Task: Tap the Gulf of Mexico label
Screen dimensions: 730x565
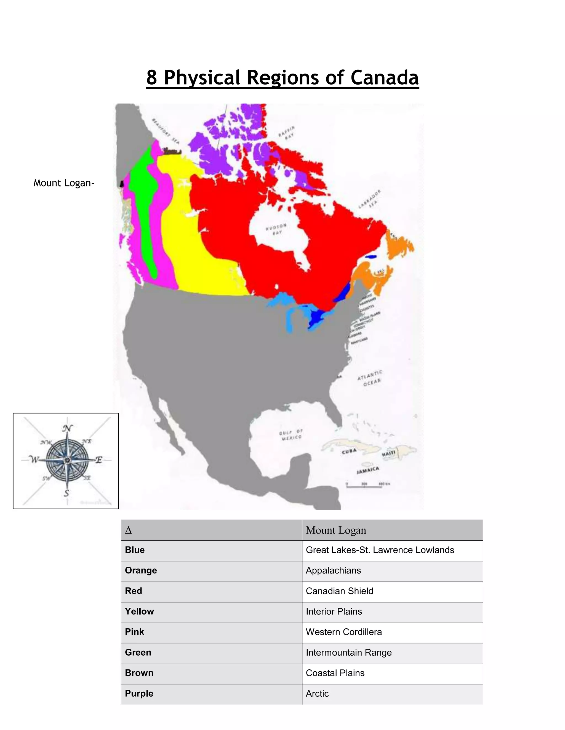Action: click(x=291, y=435)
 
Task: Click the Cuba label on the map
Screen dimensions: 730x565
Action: click(x=349, y=451)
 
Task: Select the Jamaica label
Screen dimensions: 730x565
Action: click(x=367, y=470)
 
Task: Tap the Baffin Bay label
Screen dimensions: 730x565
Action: click(x=287, y=132)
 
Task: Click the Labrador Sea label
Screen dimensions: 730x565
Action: click(x=369, y=199)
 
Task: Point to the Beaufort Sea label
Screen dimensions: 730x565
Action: click(x=166, y=131)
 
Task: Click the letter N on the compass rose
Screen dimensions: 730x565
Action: click(x=68, y=428)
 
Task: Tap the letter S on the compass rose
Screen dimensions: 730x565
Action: click(x=66, y=493)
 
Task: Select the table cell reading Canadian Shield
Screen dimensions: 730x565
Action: click(x=339, y=591)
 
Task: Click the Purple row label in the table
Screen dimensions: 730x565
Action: click(x=139, y=693)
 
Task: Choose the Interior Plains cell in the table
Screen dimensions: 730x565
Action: click(x=334, y=611)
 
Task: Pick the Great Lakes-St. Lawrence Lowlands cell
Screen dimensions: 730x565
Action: click(x=380, y=550)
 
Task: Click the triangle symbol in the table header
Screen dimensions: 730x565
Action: click(x=128, y=530)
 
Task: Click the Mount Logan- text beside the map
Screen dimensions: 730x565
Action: click(x=64, y=183)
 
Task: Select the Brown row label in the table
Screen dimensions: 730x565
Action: click(x=139, y=673)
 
